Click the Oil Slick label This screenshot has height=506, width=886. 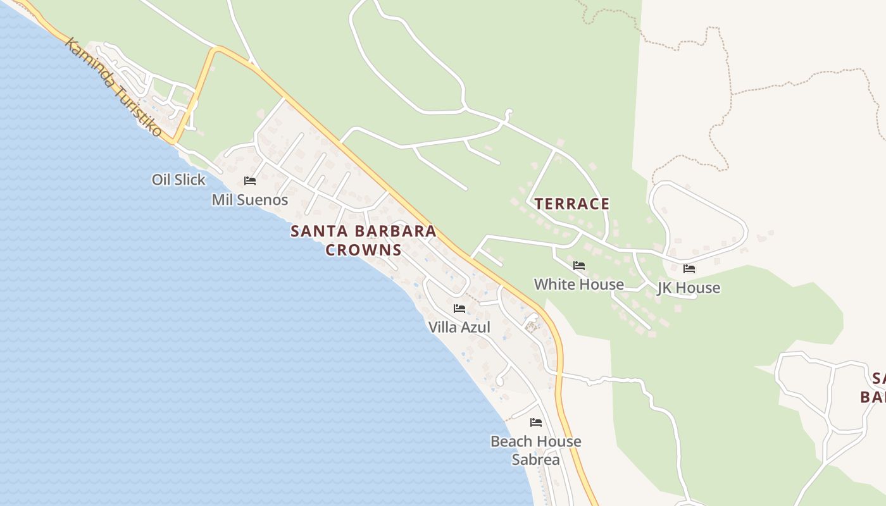point(178,180)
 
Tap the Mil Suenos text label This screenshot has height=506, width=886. point(249,200)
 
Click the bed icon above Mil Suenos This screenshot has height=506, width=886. point(250,181)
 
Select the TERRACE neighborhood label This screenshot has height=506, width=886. point(572,204)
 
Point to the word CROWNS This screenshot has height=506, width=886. point(364,250)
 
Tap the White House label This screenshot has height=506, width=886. point(578,285)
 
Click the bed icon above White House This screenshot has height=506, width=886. point(578,266)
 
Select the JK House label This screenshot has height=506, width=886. point(689,288)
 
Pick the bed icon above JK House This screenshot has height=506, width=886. point(689,269)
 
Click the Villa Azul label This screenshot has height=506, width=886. point(459,328)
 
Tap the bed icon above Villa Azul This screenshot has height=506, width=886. point(459,309)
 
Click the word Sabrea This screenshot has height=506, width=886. point(535,460)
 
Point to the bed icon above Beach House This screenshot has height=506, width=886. point(536,422)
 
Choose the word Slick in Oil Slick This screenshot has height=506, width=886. point(189,180)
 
